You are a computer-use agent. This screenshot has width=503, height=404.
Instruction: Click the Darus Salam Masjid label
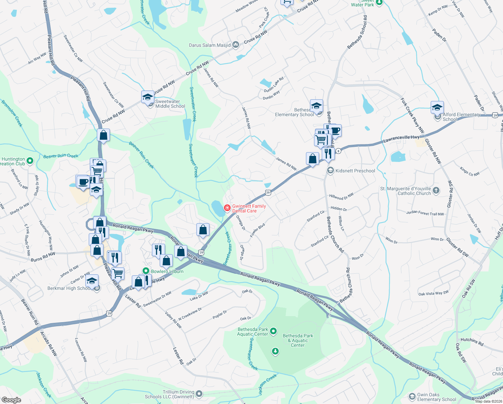(x=210, y=45)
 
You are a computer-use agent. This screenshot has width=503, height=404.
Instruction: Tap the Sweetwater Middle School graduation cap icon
(x=148, y=97)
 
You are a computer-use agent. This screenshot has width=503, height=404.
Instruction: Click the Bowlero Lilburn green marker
(x=146, y=271)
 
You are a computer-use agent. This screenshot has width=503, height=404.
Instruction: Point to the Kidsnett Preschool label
(x=355, y=171)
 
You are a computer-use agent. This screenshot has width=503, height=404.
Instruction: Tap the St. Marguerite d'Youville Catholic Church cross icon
(x=436, y=191)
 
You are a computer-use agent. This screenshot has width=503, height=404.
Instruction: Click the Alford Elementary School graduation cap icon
(x=437, y=108)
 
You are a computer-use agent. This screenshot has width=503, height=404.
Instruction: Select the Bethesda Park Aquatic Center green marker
(x=273, y=331)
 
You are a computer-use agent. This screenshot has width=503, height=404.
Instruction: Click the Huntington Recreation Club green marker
(x=30, y=161)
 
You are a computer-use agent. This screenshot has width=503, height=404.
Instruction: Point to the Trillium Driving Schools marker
(x=199, y=394)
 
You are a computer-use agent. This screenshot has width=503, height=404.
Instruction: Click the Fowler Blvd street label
(x=258, y=231)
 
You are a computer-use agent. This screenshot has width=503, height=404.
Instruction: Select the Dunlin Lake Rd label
(x=274, y=85)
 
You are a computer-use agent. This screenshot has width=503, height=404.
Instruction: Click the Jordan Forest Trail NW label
(x=425, y=213)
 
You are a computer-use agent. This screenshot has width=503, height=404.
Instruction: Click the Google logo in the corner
(x=11, y=400)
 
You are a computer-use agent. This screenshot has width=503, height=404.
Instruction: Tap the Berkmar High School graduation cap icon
(x=92, y=280)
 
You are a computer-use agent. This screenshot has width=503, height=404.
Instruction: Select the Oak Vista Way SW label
(x=433, y=293)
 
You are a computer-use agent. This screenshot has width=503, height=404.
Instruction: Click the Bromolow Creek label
(x=12, y=113)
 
